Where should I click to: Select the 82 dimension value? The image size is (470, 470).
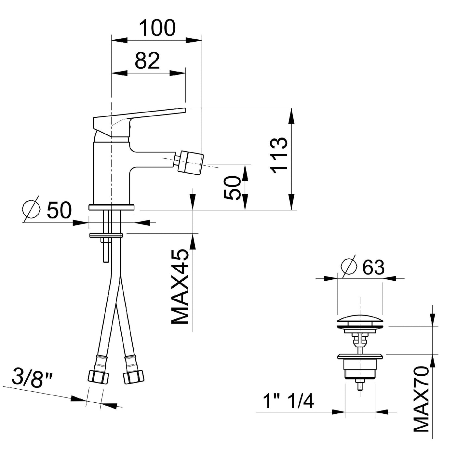coord(147,60)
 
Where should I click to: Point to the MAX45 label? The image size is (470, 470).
coord(181,287)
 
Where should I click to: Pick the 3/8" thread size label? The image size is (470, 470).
coord(32,377)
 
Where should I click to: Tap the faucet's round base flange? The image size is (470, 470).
coord(112,207)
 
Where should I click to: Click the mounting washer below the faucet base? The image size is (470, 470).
coord(106,235)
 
